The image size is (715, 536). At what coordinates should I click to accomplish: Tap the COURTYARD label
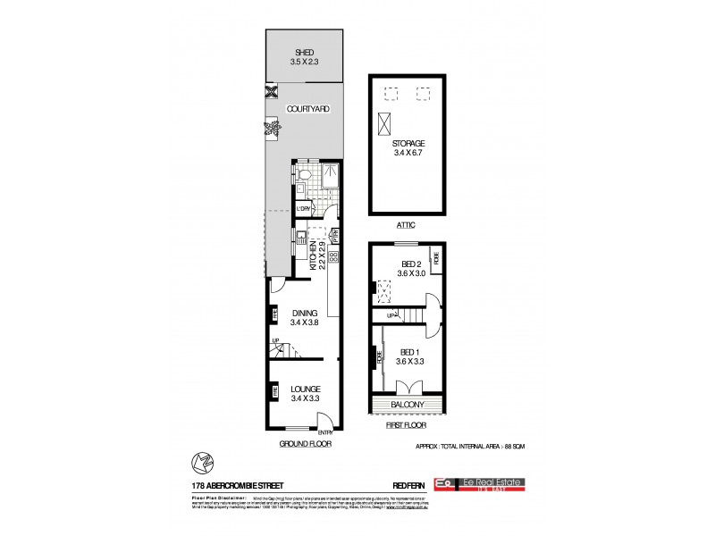(307, 109)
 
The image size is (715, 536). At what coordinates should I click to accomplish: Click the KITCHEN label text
(315, 255)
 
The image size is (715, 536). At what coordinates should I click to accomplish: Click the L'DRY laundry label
(304, 209)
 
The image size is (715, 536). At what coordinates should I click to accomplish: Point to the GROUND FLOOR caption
(304, 442)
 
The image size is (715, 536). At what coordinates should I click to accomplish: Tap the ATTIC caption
(407, 226)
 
